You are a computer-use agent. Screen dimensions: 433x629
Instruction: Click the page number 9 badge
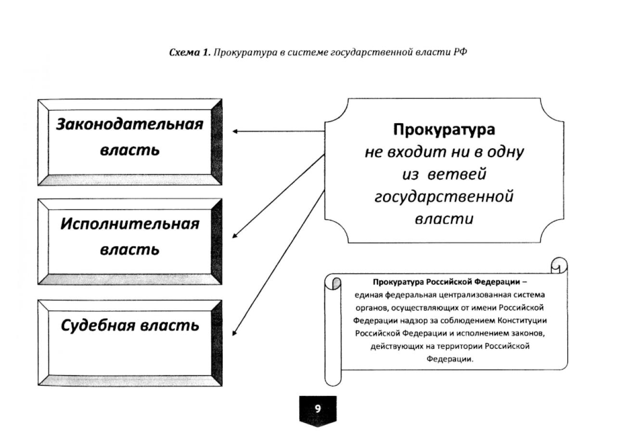[x=318, y=409]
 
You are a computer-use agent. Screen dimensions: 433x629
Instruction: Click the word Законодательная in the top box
[x=129, y=124]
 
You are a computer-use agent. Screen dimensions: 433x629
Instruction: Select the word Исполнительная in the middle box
[x=129, y=224]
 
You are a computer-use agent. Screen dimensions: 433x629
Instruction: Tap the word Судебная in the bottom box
[x=98, y=326]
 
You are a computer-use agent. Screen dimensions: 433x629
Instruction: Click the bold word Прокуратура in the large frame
[x=444, y=130]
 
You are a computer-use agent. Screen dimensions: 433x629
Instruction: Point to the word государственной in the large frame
[x=444, y=196]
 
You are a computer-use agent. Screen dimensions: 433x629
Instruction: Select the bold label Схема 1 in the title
[x=189, y=52]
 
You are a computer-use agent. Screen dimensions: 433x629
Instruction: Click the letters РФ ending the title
[x=460, y=52]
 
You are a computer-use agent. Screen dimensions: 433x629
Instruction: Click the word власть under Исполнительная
[x=129, y=250]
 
